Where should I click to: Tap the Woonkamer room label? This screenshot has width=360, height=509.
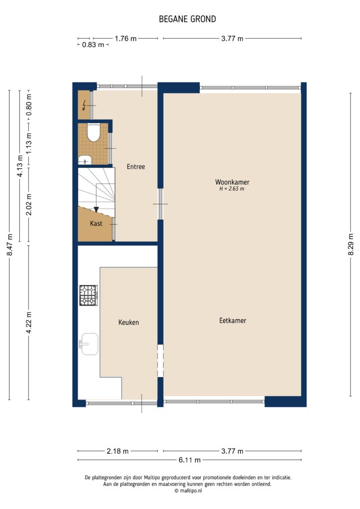[x=232, y=181]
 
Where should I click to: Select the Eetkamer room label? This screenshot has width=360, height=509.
[x=233, y=321]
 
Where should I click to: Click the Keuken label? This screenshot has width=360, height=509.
[x=128, y=322]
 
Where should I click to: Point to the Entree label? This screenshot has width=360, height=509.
[x=135, y=167]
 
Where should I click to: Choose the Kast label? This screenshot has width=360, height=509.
[x=96, y=224]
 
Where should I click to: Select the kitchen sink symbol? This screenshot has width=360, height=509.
[x=89, y=344]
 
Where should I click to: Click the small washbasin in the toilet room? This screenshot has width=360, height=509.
[x=86, y=160]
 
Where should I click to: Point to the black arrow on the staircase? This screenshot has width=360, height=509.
[x=96, y=209]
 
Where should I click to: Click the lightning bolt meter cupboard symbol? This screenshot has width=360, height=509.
[x=85, y=105]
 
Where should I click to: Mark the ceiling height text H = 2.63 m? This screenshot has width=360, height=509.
[x=232, y=189]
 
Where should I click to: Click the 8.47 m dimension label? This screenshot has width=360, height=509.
[x=9, y=245]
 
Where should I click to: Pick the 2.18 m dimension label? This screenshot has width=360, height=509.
[x=118, y=451]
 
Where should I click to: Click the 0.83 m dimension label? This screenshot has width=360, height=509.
[x=93, y=45]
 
